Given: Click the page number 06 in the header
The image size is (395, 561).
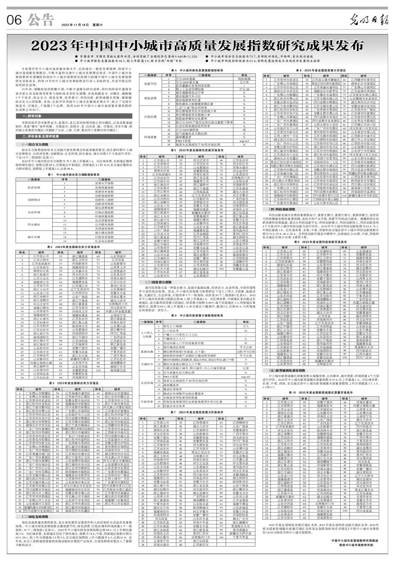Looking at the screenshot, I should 14,20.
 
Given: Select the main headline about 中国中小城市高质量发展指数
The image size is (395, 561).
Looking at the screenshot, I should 197,46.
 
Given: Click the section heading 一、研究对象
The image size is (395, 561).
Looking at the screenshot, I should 31,116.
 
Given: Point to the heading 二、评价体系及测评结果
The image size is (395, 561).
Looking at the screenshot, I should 39,136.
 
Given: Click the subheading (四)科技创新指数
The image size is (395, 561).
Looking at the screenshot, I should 279,209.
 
